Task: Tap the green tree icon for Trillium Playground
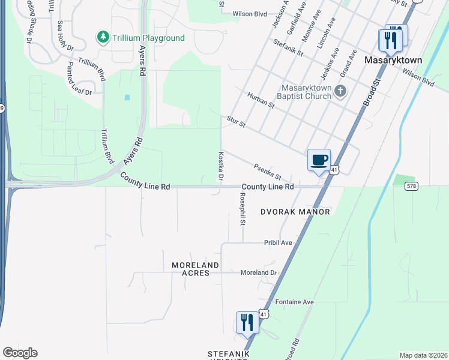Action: [x=103, y=37]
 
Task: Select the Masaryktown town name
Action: [x=393, y=61]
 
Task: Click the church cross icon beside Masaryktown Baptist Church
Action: [x=340, y=91]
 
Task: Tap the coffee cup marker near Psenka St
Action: [x=319, y=160]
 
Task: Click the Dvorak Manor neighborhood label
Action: [x=295, y=212]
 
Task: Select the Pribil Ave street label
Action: [x=278, y=242]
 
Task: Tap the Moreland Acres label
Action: [x=190, y=269]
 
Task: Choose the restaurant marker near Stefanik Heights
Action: [x=247, y=323]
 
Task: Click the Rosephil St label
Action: [x=243, y=209]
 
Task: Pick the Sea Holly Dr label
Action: [x=64, y=35]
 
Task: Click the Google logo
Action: [x=20, y=353]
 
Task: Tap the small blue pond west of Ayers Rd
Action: [x=127, y=97]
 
